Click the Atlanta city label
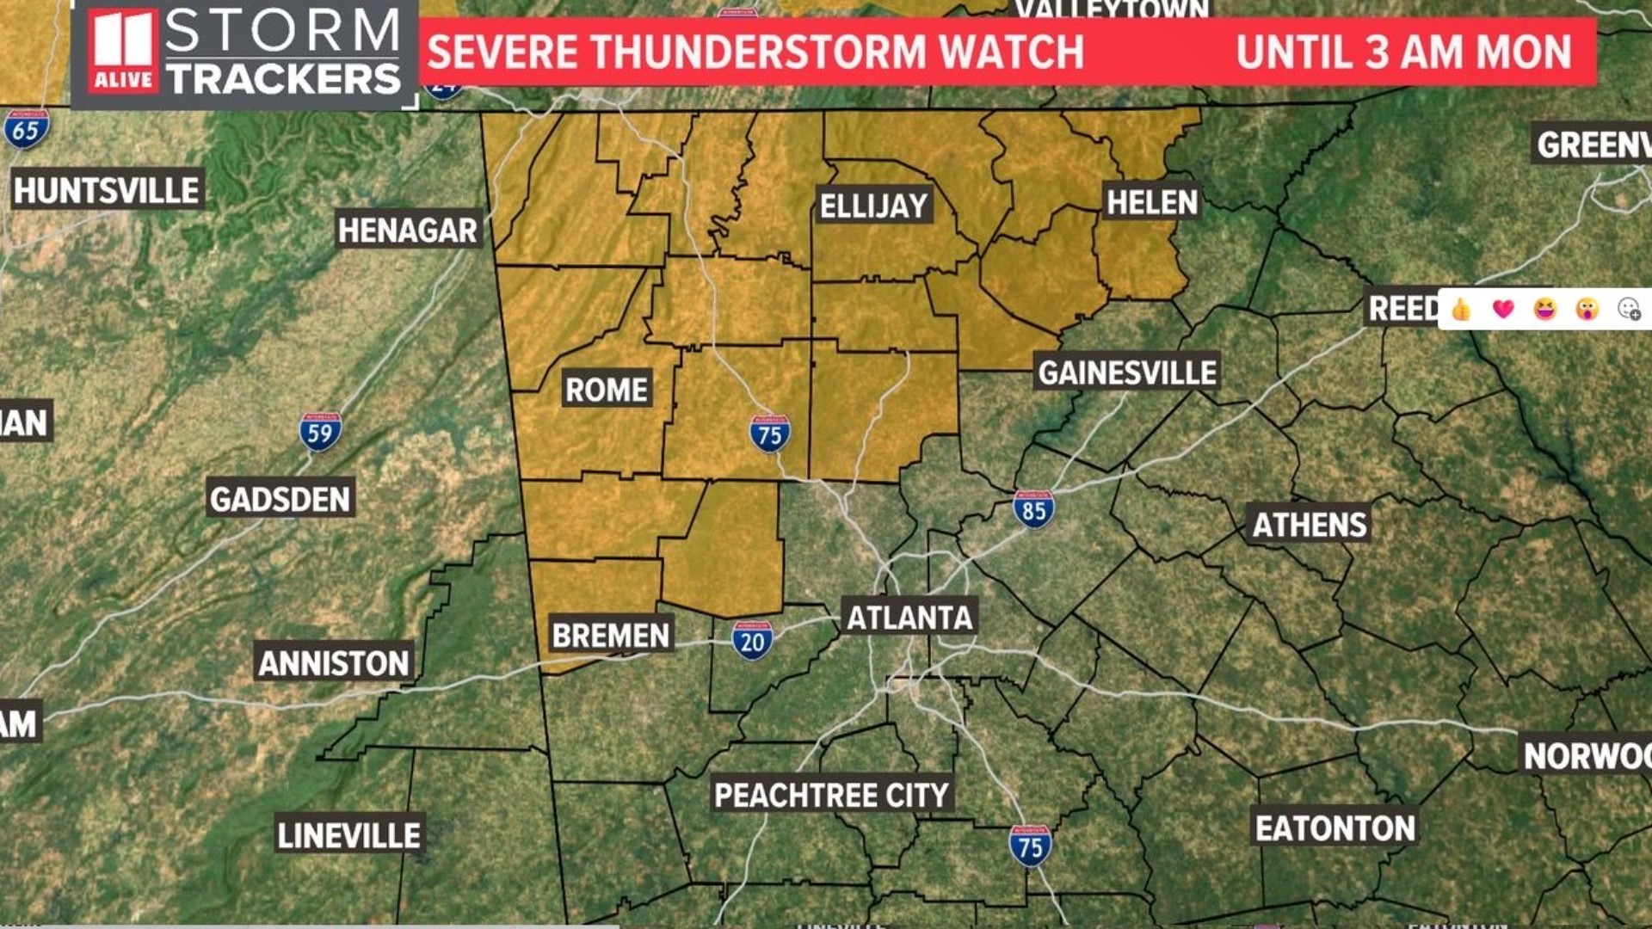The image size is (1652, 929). [x=909, y=618]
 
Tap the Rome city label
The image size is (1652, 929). [x=607, y=390]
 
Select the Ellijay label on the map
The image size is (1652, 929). [x=873, y=206]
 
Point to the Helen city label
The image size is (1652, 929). [x=1151, y=202]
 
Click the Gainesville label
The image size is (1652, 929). [x=1127, y=372]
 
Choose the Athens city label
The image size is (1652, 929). [x=1309, y=525]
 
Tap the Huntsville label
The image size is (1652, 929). [x=107, y=190]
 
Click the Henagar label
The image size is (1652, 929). [x=407, y=230]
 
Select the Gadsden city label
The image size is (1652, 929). [x=280, y=499]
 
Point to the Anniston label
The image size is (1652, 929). [x=334, y=663]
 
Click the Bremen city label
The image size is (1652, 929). [x=610, y=636]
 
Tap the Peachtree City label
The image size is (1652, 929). [x=831, y=795]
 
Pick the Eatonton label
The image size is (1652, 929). [x=1335, y=828]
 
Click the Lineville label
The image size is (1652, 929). [x=348, y=835]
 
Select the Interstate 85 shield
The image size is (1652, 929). [x=1033, y=508]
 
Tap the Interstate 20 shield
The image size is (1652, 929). [x=752, y=640]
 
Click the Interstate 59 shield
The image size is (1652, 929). [x=320, y=432]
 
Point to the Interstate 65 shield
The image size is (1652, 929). [x=26, y=129]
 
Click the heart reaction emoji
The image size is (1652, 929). [x=1502, y=309]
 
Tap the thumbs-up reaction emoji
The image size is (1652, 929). [x=1461, y=309]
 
